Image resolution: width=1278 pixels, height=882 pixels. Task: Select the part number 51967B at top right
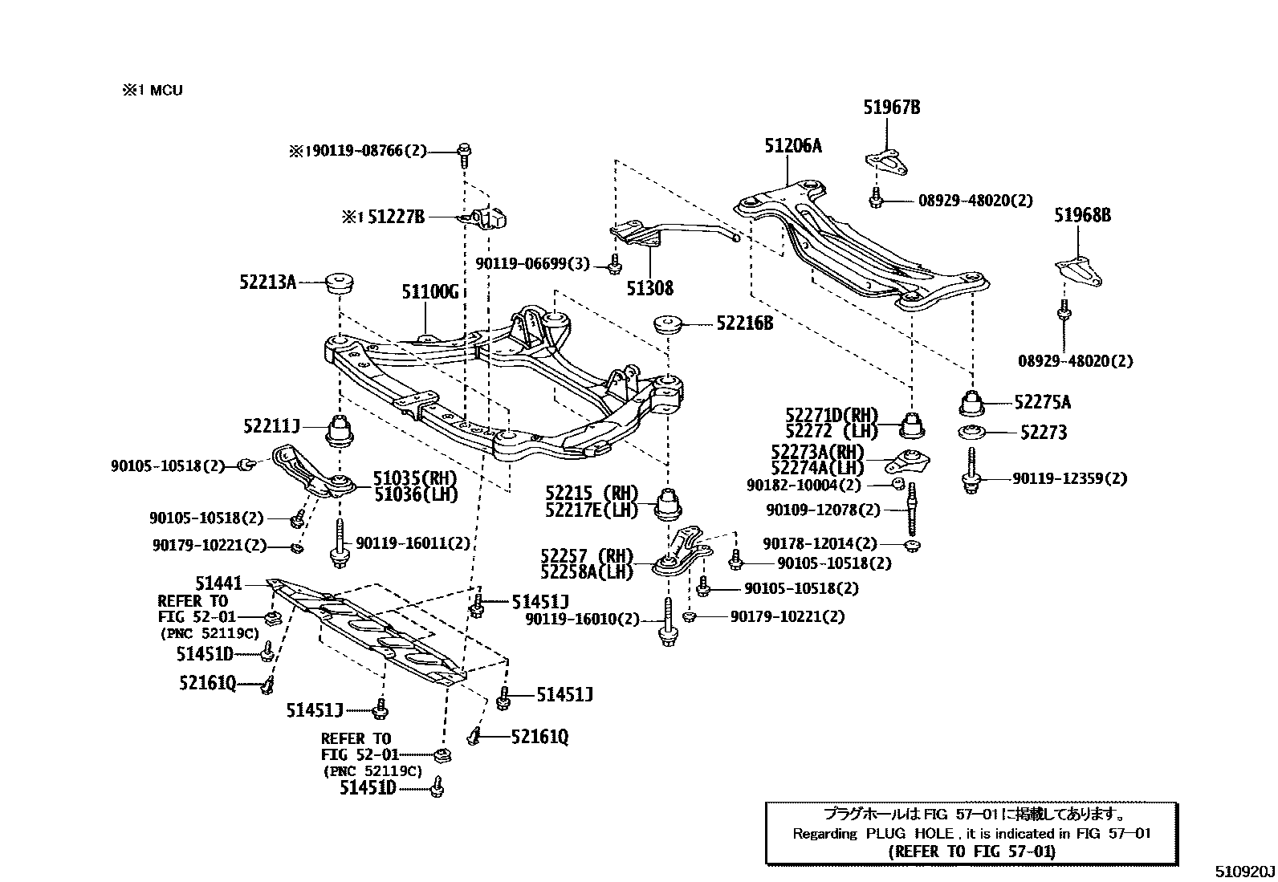891,108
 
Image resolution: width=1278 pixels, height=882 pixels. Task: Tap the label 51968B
1082,215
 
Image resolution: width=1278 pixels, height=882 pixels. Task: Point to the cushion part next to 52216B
668,325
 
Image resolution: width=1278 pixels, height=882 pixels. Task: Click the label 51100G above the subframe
429,292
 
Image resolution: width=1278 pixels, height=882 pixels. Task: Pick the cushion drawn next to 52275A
973,402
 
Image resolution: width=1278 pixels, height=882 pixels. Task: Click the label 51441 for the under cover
218,583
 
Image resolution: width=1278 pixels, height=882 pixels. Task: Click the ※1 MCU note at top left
153,90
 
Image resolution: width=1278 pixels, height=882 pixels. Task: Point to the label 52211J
271,426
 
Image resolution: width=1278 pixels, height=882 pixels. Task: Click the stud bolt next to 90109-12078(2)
912,510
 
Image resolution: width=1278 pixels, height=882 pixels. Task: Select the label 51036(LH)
415,494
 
